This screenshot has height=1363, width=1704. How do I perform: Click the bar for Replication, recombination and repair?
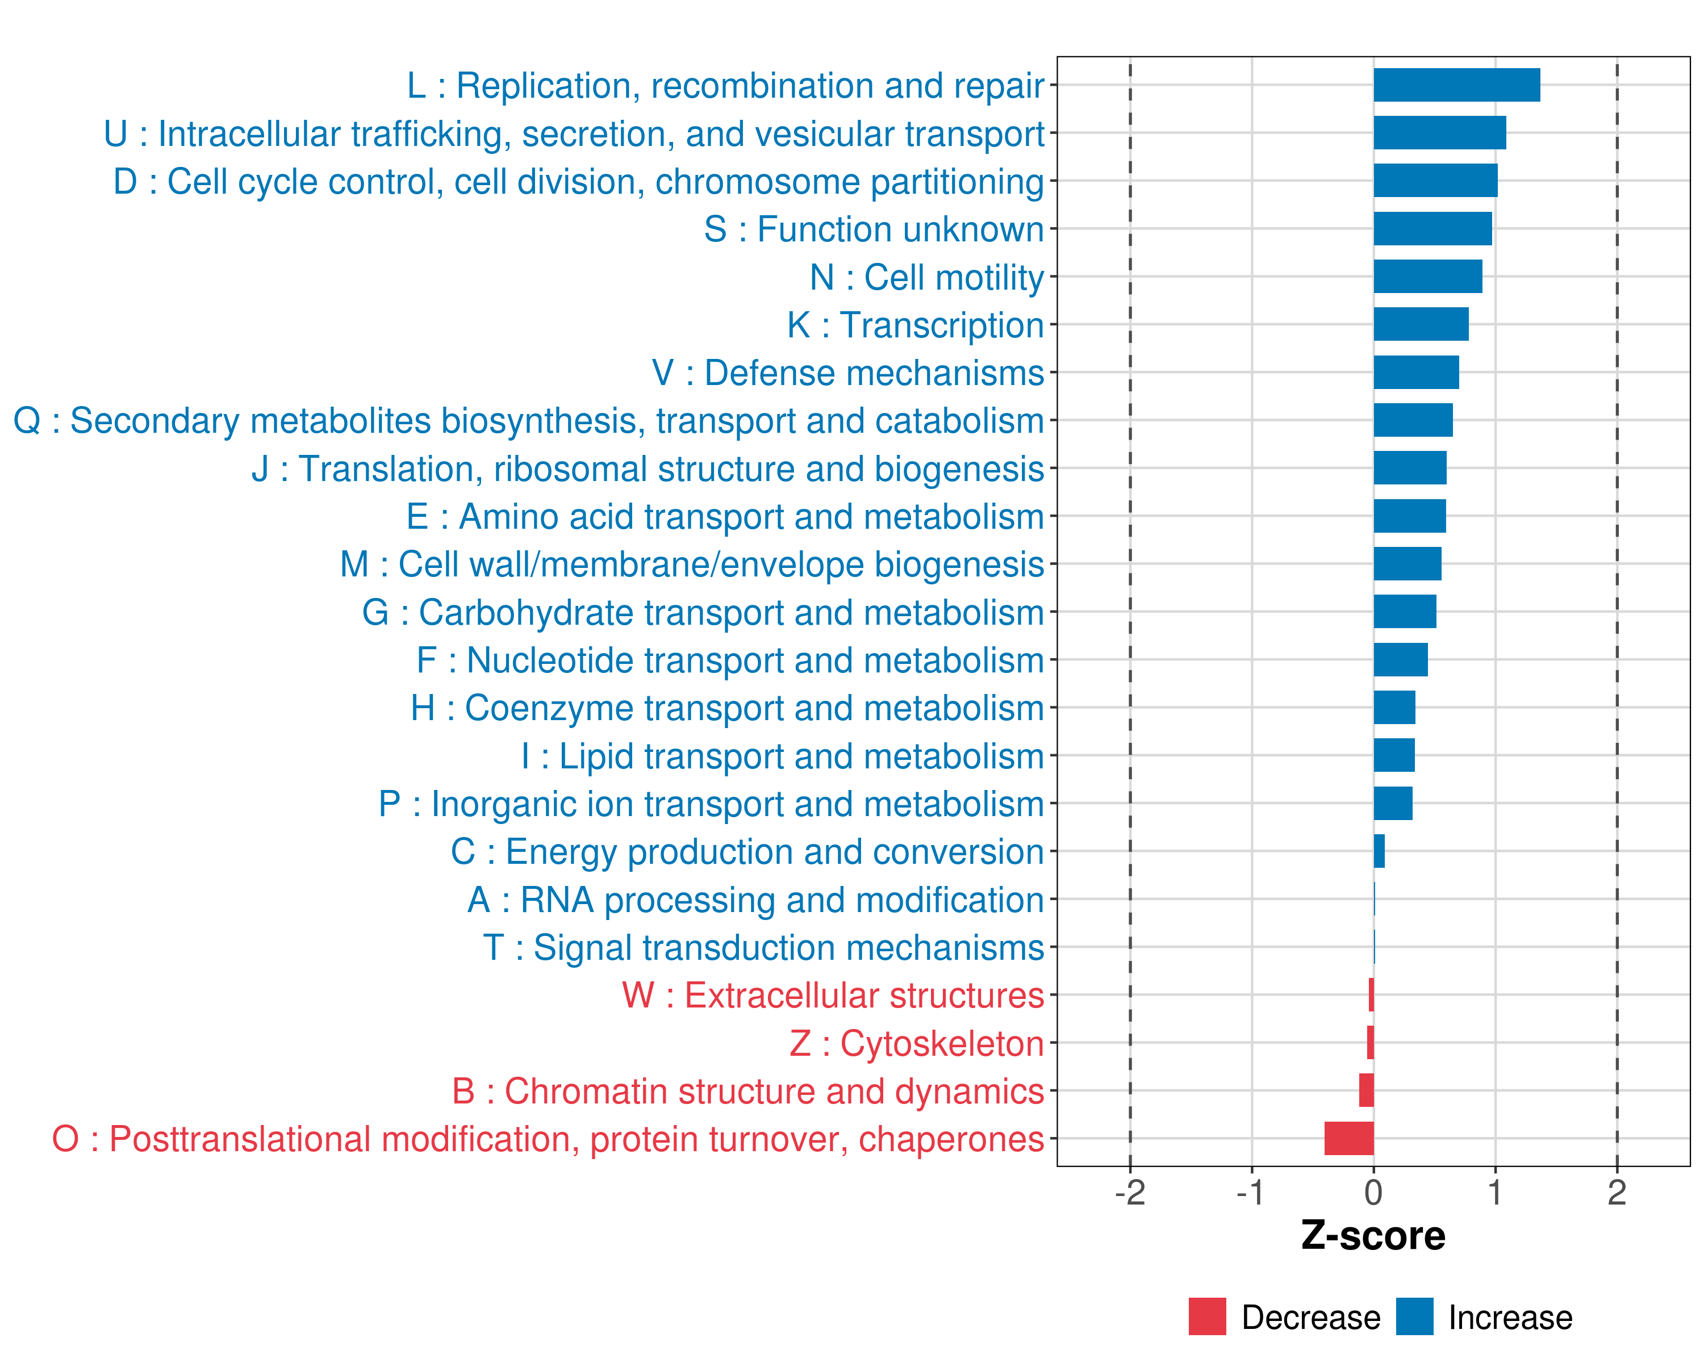click(1456, 85)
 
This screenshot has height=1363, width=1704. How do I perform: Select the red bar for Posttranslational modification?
click(1349, 1139)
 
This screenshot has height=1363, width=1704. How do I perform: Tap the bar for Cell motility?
click(1427, 277)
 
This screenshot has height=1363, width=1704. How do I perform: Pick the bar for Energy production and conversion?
click(1379, 851)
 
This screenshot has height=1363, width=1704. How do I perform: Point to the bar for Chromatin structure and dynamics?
click(1367, 1090)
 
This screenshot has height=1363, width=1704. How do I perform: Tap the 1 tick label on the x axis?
click(1494, 1193)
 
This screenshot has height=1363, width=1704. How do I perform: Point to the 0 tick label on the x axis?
click(1373, 1193)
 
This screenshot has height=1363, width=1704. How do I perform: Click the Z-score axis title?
click(1373, 1236)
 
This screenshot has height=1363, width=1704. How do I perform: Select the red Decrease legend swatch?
click(1207, 1316)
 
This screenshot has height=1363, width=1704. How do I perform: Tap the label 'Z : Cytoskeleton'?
click(917, 1044)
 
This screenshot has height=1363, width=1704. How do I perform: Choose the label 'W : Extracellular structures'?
click(833, 996)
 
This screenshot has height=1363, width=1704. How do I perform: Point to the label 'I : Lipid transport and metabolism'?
click(783, 756)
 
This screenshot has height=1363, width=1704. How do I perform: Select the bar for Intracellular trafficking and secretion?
click(1439, 133)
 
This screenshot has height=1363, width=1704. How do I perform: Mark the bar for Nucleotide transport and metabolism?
click(1401, 660)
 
